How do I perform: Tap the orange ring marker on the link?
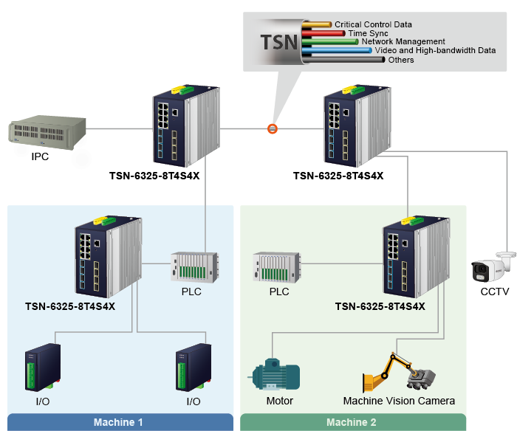click(273, 128)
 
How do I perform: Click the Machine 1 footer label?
click(118, 423)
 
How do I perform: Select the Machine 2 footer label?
click(352, 423)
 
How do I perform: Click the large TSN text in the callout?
click(280, 41)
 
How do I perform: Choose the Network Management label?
click(403, 42)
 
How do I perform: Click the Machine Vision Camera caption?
click(399, 401)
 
